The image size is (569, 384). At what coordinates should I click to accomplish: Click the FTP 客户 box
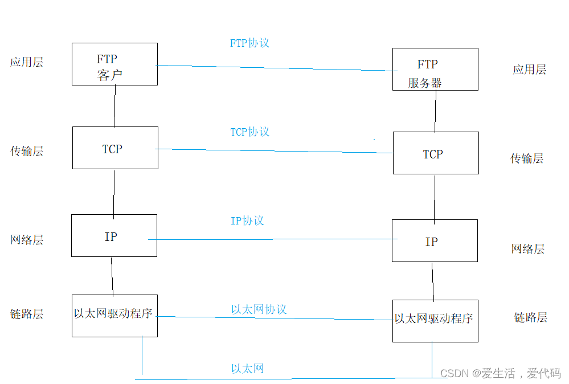[114, 64]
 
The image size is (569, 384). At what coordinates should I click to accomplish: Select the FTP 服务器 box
[435, 69]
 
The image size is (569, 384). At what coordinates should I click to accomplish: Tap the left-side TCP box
[115, 148]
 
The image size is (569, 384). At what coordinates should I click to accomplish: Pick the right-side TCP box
[436, 153]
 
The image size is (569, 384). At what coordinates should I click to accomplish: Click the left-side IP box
[114, 235]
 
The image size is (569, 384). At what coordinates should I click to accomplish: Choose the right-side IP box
[435, 241]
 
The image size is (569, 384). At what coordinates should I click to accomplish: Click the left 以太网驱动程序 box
[114, 316]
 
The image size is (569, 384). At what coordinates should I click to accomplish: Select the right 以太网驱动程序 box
[435, 321]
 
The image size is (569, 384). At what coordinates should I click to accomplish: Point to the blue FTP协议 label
[249, 43]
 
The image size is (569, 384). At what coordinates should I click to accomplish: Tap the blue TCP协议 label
[249, 132]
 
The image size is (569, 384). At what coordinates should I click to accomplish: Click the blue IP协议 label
[247, 220]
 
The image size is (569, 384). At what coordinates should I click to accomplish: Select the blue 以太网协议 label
[259, 309]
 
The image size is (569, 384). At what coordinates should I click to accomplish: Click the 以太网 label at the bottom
[247, 369]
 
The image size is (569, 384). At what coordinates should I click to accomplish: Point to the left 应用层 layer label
[27, 62]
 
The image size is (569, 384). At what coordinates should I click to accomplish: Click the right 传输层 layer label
[527, 158]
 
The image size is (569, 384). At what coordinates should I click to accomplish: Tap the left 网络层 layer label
[27, 240]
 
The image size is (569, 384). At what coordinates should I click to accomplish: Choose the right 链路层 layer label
[530, 317]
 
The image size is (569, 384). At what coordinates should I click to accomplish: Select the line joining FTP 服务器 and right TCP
[436, 111]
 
